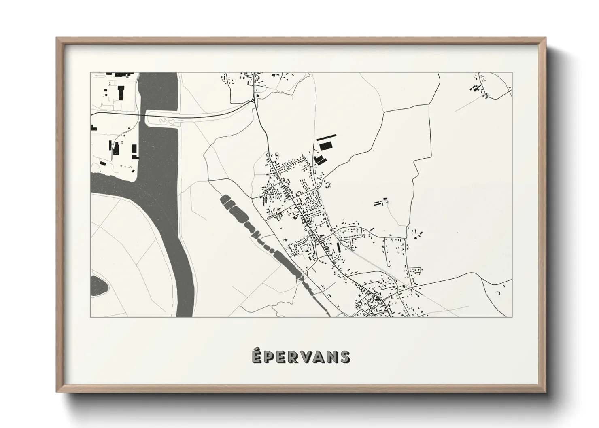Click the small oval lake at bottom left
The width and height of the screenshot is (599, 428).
coord(99,286)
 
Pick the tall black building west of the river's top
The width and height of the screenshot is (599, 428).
coord(121,92)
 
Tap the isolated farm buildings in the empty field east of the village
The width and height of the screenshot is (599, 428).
coord(380,202)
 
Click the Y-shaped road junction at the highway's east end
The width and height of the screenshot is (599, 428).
coord(254,101)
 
